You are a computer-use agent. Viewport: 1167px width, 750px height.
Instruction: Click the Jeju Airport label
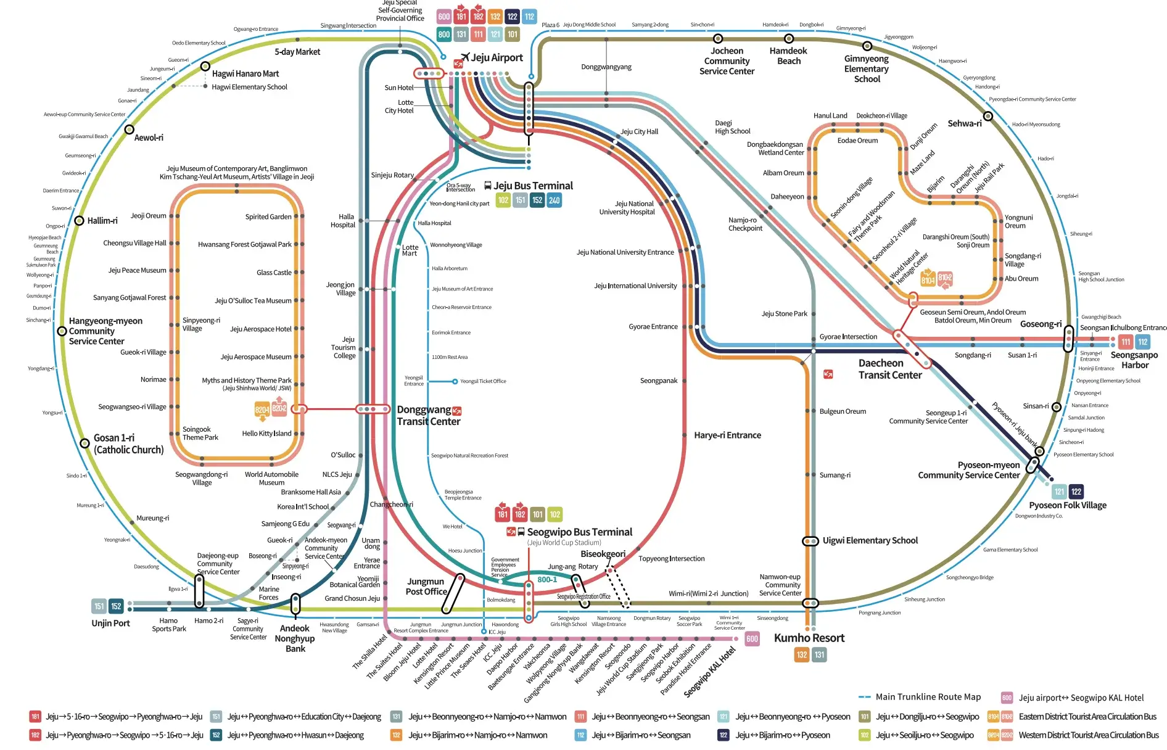(497, 57)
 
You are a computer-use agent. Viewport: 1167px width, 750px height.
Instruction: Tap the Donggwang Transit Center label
(428, 416)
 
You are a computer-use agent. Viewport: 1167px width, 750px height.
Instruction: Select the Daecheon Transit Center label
(889, 369)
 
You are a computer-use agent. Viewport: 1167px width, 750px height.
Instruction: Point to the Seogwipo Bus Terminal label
(579, 532)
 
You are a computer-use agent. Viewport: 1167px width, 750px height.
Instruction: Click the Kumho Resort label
(809, 638)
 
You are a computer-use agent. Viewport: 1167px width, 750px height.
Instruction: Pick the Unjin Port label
(110, 623)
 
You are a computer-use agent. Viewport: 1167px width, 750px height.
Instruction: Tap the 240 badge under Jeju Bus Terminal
(554, 200)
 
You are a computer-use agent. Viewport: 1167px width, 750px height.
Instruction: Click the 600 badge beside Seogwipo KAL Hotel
(752, 639)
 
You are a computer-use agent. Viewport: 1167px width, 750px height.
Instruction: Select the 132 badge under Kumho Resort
(801, 655)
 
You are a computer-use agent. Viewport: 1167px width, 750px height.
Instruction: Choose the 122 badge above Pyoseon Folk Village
(1076, 492)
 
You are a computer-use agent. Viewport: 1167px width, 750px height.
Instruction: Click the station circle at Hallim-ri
(79, 221)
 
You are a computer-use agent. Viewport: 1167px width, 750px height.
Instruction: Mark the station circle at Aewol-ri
(129, 130)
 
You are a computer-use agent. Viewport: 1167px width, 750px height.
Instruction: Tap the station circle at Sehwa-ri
(988, 116)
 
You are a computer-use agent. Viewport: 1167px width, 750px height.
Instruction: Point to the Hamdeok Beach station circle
(788, 39)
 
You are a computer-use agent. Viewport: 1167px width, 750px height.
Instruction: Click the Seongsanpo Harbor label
(1134, 360)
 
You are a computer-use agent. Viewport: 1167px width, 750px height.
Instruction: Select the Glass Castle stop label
(274, 272)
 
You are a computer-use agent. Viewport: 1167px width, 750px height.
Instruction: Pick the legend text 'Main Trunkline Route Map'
(928, 697)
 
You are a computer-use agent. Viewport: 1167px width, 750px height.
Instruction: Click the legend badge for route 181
(35, 717)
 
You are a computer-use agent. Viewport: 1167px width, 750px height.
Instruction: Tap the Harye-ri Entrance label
(727, 435)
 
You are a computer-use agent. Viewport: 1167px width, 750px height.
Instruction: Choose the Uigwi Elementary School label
(870, 540)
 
